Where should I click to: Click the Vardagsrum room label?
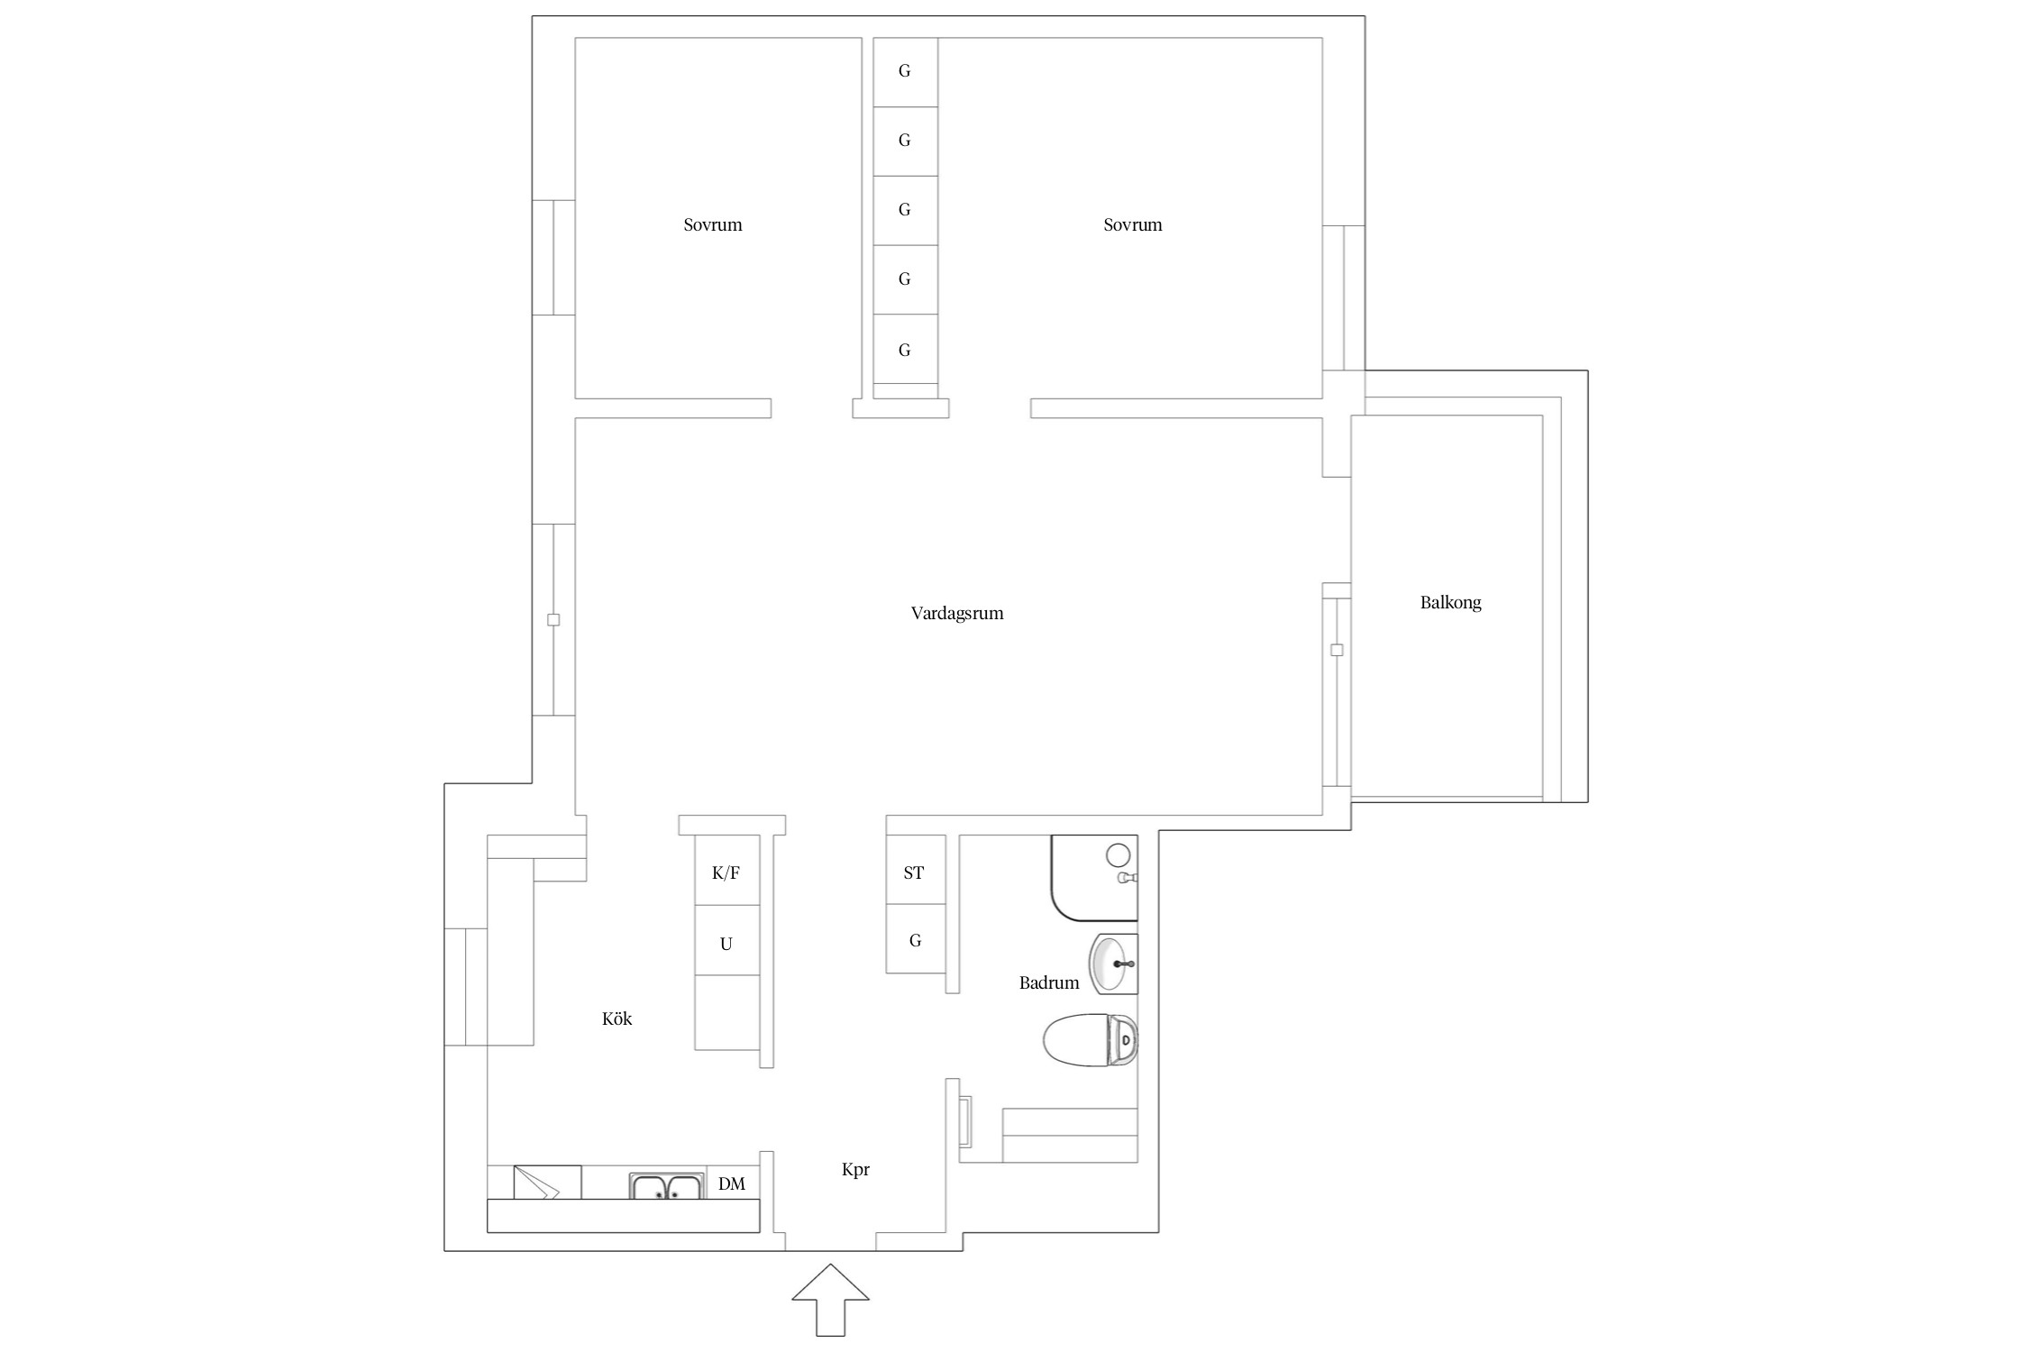pyautogui.click(x=956, y=614)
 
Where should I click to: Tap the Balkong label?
pyautogui.click(x=1450, y=603)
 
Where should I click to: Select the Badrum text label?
pyautogui.click(x=1049, y=983)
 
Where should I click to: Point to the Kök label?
pyautogui.click(x=617, y=1019)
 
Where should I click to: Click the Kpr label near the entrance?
pyautogui.click(x=855, y=1170)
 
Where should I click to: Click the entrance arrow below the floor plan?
pyautogui.click(x=830, y=1299)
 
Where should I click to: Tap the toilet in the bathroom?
pyautogui.click(x=1090, y=1040)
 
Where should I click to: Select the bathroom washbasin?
pyautogui.click(x=1114, y=964)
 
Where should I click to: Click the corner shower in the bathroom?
pyautogui.click(x=1094, y=878)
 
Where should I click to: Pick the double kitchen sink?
pyautogui.click(x=665, y=1186)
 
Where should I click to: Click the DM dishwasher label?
pyautogui.click(x=732, y=1184)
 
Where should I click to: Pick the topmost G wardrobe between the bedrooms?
pyautogui.click(x=905, y=72)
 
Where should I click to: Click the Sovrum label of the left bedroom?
pyautogui.click(x=713, y=225)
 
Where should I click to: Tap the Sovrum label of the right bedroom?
pyautogui.click(x=1133, y=225)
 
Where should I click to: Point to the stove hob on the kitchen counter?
pyautogui.click(x=547, y=1183)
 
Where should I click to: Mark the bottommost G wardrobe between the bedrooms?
pyautogui.click(x=905, y=349)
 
